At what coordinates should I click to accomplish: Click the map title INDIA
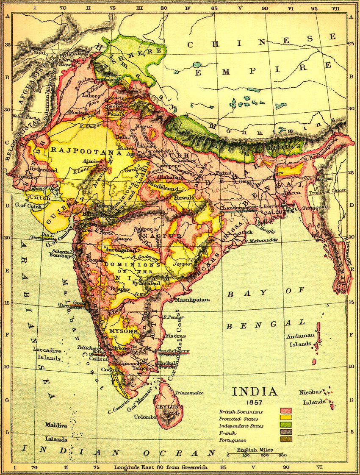(255, 391)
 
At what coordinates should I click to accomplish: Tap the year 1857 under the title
(255, 402)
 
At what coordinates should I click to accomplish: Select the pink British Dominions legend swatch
(286, 411)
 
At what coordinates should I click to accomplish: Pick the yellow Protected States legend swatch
(286, 418)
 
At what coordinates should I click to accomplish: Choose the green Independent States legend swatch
(286, 425)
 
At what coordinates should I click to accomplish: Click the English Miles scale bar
(255, 455)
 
